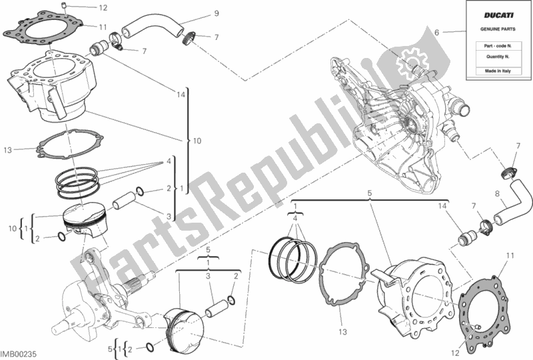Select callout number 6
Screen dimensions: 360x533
click(437, 32)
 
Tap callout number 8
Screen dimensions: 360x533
click(497, 195)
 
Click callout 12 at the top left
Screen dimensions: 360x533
click(102, 9)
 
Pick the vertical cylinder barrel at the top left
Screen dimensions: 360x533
click(60, 87)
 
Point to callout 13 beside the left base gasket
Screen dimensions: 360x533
click(8, 149)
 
